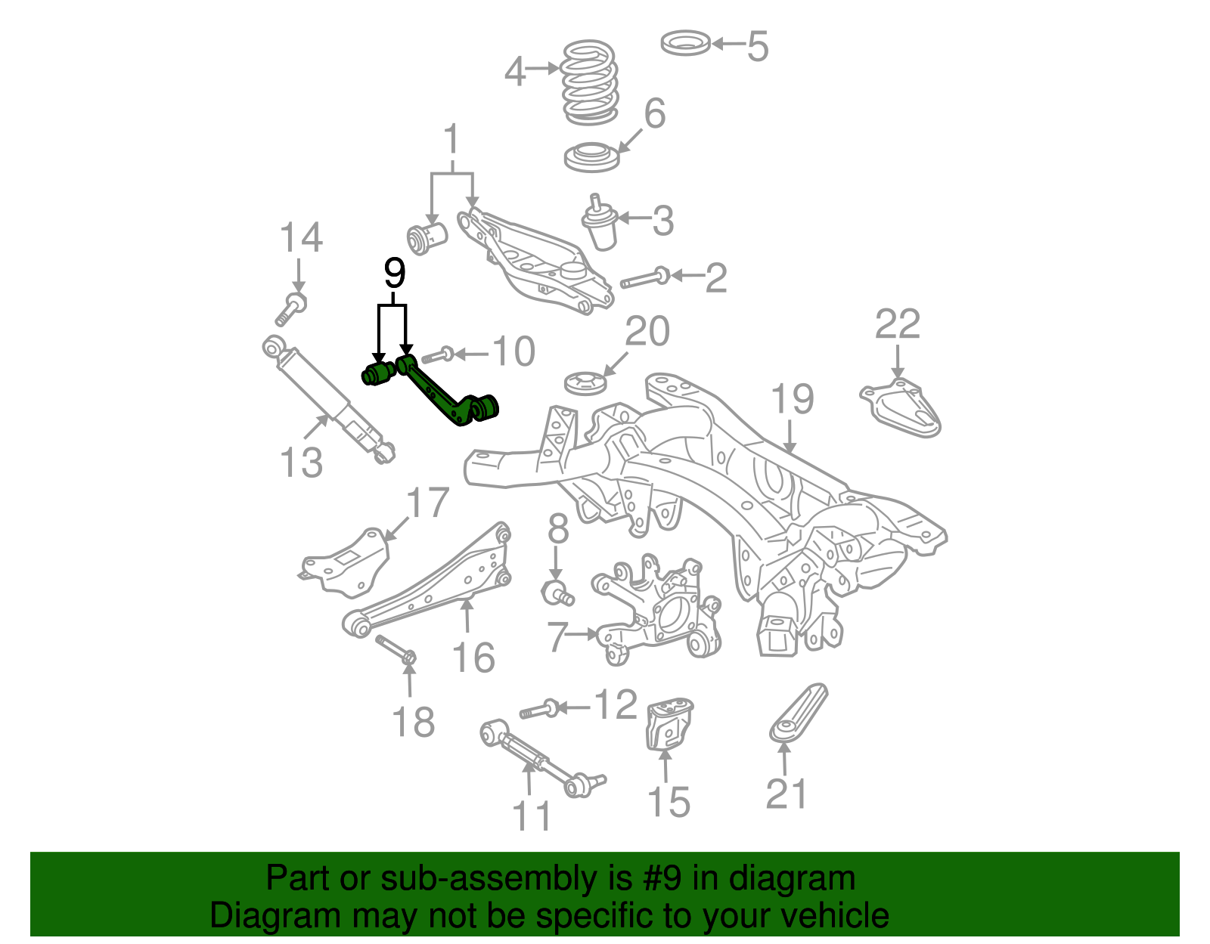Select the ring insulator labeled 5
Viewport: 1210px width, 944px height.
pos(685,42)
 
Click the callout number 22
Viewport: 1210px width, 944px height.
pos(897,324)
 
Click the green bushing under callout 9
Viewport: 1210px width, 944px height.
pos(377,373)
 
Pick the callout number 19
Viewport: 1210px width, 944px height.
pos(792,398)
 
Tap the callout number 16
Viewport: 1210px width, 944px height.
pos(473,657)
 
